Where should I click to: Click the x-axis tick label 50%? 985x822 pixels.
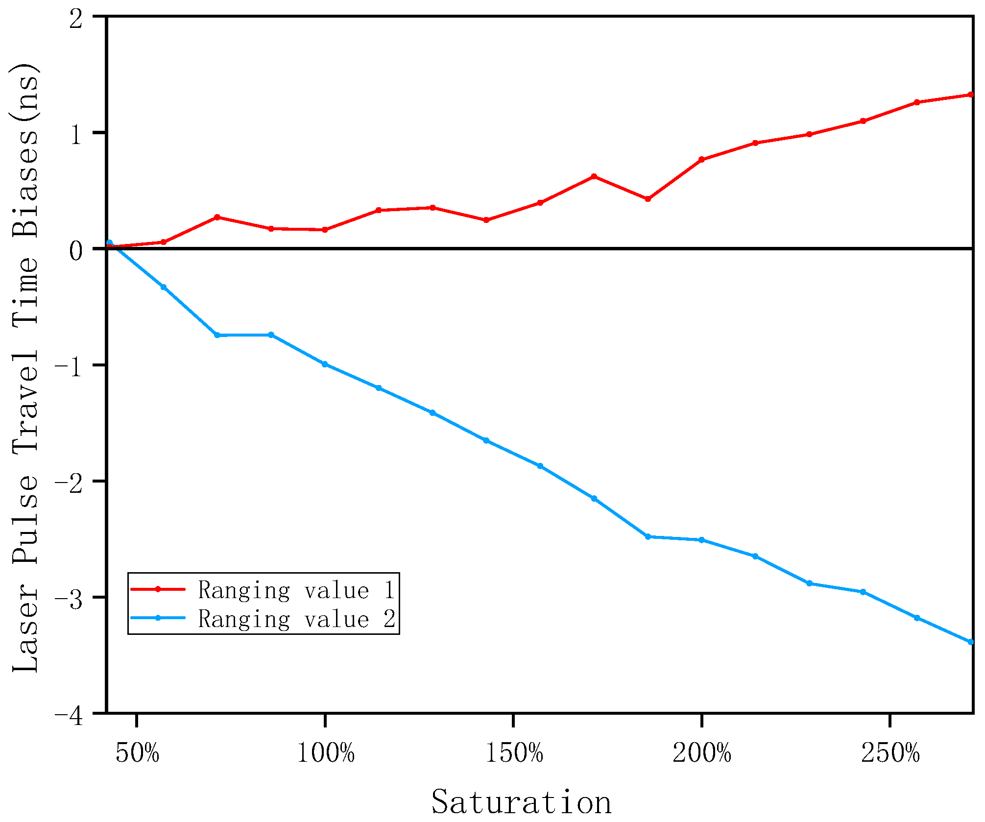pyautogui.click(x=138, y=753)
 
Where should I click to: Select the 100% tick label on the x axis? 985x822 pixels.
pyautogui.click(x=326, y=753)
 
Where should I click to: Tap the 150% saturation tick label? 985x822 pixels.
pyautogui.click(x=514, y=753)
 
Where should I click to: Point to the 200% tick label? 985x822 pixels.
pyautogui.click(x=702, y=753)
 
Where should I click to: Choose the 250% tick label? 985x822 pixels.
pyautogui.click(x=890, y=753)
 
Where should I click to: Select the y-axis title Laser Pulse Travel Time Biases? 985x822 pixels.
pyautogui.click(x=25, y=367)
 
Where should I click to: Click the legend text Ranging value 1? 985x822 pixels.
pyautogui.click(x=296, y=590)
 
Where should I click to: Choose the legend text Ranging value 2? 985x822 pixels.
pyautogui.click(x=296, y=619)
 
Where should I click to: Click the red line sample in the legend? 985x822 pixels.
pyautogui.click(x=158, y=589)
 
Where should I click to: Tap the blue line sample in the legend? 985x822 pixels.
pyautogui.click(x=158, y=618)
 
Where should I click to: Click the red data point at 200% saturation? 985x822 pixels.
pyautogui.click(x=701, y=160)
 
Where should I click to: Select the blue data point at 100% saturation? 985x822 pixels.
pyautogui.click(x=325, y=364)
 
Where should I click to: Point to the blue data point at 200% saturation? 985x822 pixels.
pyautogui.click(x=701, y=540)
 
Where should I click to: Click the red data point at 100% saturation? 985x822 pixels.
pyautogui.click(x=325, y=230)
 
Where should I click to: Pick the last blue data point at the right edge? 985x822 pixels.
pyautogui.click(x=971, y=642)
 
